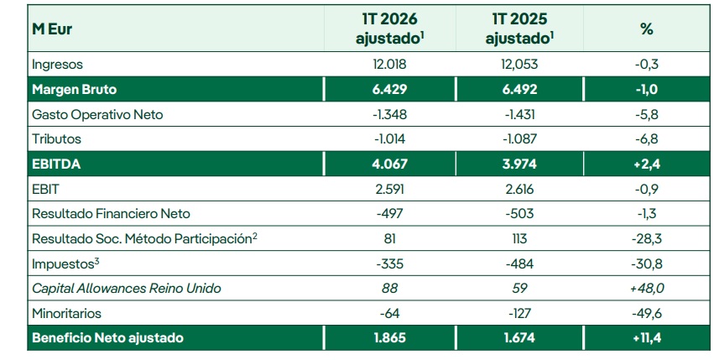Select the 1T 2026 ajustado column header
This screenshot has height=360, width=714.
tap(388, 29)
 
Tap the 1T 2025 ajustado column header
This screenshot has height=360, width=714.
tap(521, 29)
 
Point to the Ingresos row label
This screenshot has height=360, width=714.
tap(57, 64)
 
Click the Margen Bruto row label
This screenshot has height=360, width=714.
tap(74, 89)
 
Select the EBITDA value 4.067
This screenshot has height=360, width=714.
tap(388, 164)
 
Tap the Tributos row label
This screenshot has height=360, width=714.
tap(56, 138)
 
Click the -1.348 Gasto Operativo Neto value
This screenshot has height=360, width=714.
tap(388, 114)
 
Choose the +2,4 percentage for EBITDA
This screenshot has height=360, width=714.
tap(645, 164)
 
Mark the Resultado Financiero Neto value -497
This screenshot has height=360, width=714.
tap(388, 213)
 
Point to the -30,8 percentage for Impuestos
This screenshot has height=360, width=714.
tap(645, 263)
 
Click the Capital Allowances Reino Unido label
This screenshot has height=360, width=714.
tap(126, 288)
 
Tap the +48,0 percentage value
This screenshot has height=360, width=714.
tap(645, 288)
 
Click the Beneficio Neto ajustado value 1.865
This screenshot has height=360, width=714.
tap(388, 338)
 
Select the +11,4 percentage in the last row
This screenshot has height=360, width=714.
tap(645, 338)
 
